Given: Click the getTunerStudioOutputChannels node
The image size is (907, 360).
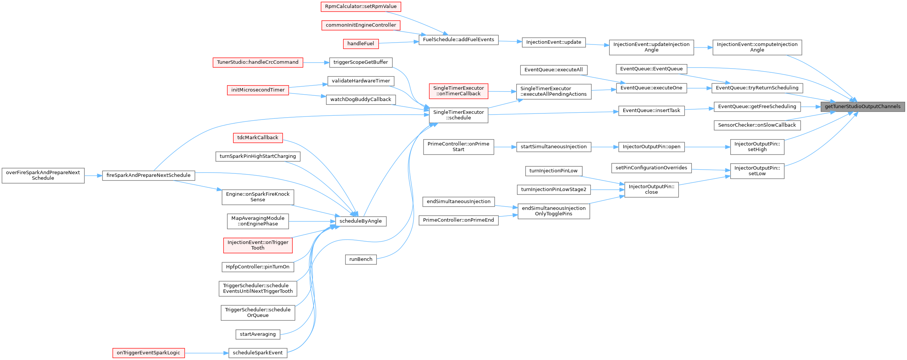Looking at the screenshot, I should [862, 107].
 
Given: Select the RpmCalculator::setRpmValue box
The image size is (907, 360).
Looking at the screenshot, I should [361, 7].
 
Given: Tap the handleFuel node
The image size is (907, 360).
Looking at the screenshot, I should [361, 44].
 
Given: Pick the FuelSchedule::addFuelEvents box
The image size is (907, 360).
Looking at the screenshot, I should [458, 40].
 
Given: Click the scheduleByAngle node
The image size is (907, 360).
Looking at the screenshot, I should [361, 221].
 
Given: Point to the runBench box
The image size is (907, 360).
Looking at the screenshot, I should [361, 259].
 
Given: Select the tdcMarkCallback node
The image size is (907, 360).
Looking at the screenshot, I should [258, 138].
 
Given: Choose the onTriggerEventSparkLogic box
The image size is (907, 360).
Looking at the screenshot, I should [148, 353].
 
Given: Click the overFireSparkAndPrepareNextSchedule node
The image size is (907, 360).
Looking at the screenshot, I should [43, 176].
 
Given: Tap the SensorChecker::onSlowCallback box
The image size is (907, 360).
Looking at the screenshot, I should [757, 125].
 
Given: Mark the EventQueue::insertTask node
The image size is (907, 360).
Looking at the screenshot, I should [651, 110].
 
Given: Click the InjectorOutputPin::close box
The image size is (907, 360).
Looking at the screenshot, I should [651, 190].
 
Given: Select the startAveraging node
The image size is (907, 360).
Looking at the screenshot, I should [258, 334].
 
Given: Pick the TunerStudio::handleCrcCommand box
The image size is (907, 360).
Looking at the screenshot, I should [258, 63].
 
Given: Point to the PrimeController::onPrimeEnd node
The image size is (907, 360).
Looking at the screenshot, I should [458, 220].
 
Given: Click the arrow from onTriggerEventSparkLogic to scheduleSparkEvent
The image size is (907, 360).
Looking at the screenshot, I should [206, 353].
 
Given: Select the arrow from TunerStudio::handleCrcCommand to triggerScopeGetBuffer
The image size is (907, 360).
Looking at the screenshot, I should [316, 63].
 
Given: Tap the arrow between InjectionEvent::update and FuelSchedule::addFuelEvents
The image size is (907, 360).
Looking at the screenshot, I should [510, 41].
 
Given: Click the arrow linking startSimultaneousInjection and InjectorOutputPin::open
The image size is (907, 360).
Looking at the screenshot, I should [605, 147].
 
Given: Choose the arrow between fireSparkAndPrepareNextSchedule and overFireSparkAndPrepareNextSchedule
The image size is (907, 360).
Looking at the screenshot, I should [93, 176].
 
